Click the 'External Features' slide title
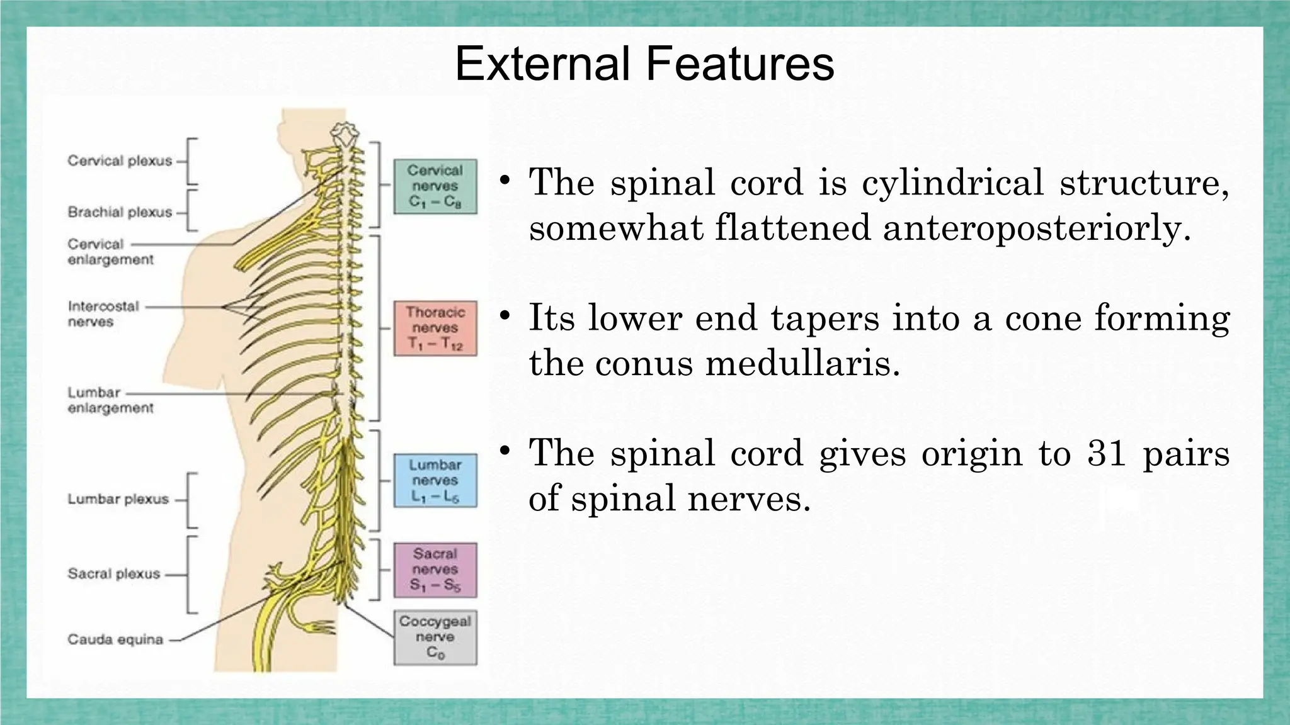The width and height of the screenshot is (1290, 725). point(644,64)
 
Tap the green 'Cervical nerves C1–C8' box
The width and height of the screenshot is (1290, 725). point(435,186)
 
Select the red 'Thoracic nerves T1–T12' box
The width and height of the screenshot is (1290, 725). point(435,328)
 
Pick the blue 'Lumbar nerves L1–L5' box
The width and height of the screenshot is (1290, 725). point(435,481)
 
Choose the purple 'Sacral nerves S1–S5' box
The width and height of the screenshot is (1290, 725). point(435,570)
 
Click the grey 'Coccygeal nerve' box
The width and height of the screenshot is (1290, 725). point(435,637)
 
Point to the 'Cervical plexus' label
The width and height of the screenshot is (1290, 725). point(120,161)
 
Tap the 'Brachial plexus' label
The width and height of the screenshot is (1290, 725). point(120,212)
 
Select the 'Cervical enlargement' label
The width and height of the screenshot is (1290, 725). point(110,252)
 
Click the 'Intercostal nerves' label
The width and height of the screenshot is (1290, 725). point(103,314)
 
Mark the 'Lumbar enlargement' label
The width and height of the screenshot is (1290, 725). point(110,400)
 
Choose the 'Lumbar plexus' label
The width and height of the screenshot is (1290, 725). point(118,499)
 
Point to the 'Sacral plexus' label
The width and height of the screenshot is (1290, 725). point(114,574)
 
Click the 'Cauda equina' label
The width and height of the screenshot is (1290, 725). point(115,640)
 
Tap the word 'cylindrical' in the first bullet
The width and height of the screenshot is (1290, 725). point(952,183)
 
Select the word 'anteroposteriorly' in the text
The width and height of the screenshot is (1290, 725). point(1037,228)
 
